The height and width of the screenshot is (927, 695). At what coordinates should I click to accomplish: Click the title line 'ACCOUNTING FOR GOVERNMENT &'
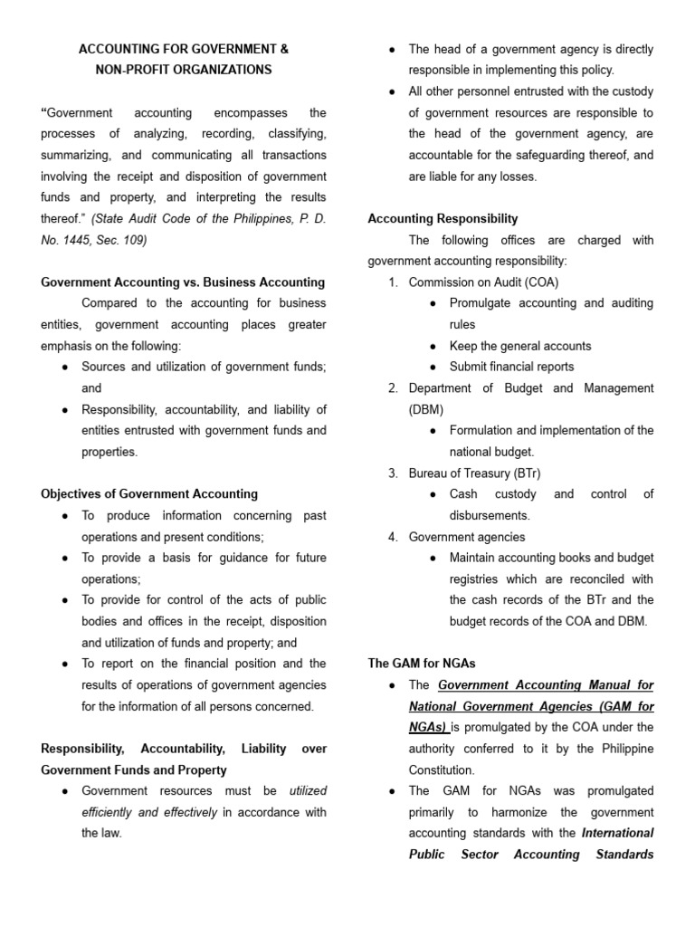(x=184, y=49)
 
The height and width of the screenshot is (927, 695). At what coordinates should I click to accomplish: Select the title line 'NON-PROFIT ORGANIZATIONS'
(x=184, y=70)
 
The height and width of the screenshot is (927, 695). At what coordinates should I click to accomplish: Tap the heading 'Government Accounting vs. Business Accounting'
(x=183, y=282)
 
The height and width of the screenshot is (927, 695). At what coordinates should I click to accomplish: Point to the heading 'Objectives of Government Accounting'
(x=149, y=494)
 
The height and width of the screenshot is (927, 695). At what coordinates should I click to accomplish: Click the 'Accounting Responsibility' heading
(x=443, y=218)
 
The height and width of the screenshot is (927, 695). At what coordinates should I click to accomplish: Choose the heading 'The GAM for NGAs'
(x=422, y=664)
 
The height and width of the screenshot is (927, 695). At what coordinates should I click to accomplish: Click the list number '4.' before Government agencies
(x=394, y=537)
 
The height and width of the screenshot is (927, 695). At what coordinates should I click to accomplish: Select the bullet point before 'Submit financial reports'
(x=434, y=368)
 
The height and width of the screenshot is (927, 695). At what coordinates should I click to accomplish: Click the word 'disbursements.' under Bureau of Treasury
(x=490, y=515)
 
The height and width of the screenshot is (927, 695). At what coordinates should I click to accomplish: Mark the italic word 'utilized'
(x=308, y=790)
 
